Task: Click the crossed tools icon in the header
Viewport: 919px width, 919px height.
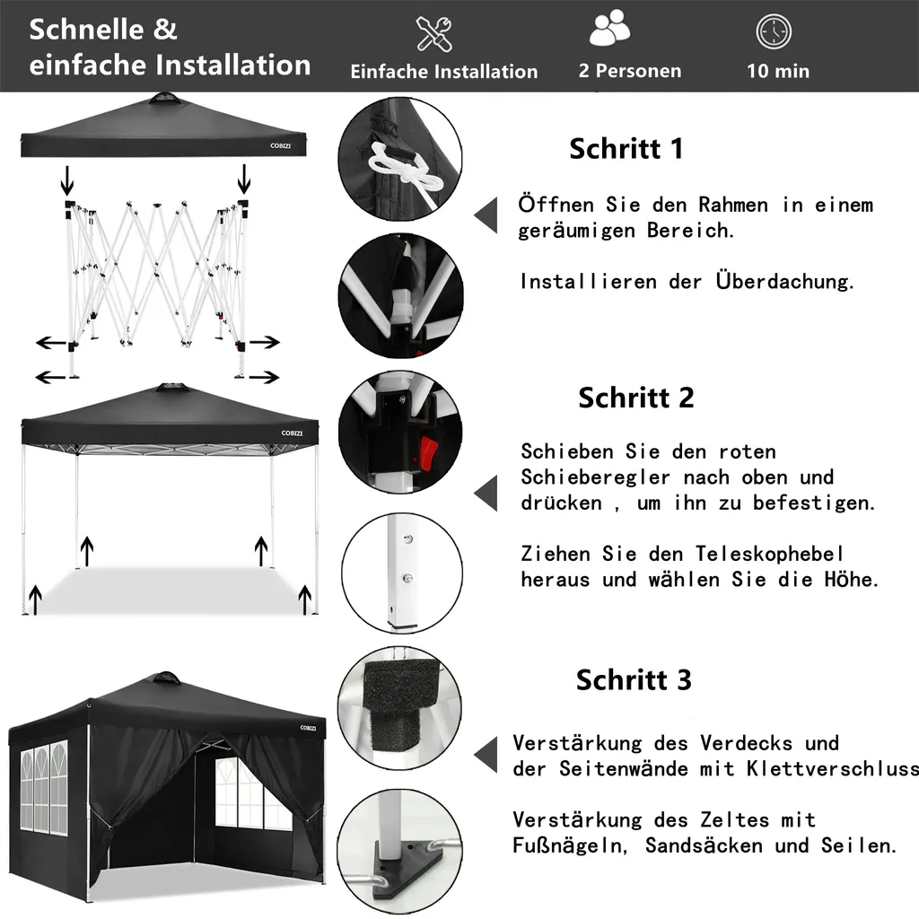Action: pyautogui.click(x=433, y=34)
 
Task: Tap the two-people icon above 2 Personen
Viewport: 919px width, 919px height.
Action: pyautogui.click(x=609, y=28)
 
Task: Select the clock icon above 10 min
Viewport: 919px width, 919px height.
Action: pyautogui.click(x=774, y=31)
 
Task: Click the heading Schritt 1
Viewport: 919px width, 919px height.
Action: pyautogui.click(x=626, y=148)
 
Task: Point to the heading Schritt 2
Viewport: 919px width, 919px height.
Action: pyautogui.click(x=636, y=398)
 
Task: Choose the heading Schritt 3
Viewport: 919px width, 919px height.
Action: pyautogui.click(x=634, y=680)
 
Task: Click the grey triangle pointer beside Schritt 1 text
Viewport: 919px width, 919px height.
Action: pyautogui.click(x=486, y=215)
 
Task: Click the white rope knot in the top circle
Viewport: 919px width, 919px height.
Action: pyautogui.click(x=405, y=171)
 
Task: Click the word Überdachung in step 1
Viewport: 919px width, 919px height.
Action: pyautogui.click(x=784, y=281)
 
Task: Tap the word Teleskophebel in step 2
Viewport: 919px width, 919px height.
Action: pyautogui.click(x=770, y=553)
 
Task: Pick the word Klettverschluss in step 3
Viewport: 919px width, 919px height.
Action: pyautogui.click(x=832, y=768)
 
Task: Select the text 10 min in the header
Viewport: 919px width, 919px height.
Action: pyautogui.click(x=778, y=71)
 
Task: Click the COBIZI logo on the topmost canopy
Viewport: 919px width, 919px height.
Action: pyautogui.click(x=281, y=145)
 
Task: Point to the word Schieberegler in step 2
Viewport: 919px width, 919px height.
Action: pyautogui.click(x=596, y=477)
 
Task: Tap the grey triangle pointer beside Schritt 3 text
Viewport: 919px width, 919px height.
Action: pyautogui.click(x=486, y=754)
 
